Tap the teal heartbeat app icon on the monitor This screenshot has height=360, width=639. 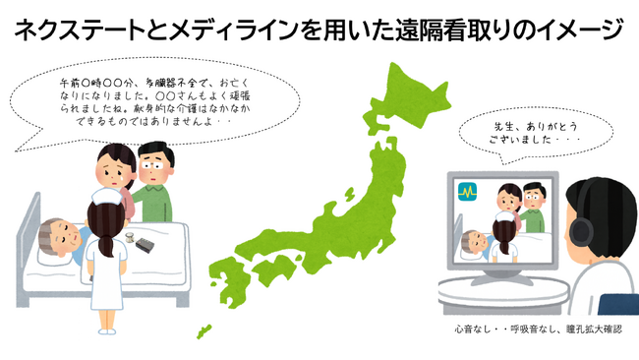(x=468, y=194)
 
